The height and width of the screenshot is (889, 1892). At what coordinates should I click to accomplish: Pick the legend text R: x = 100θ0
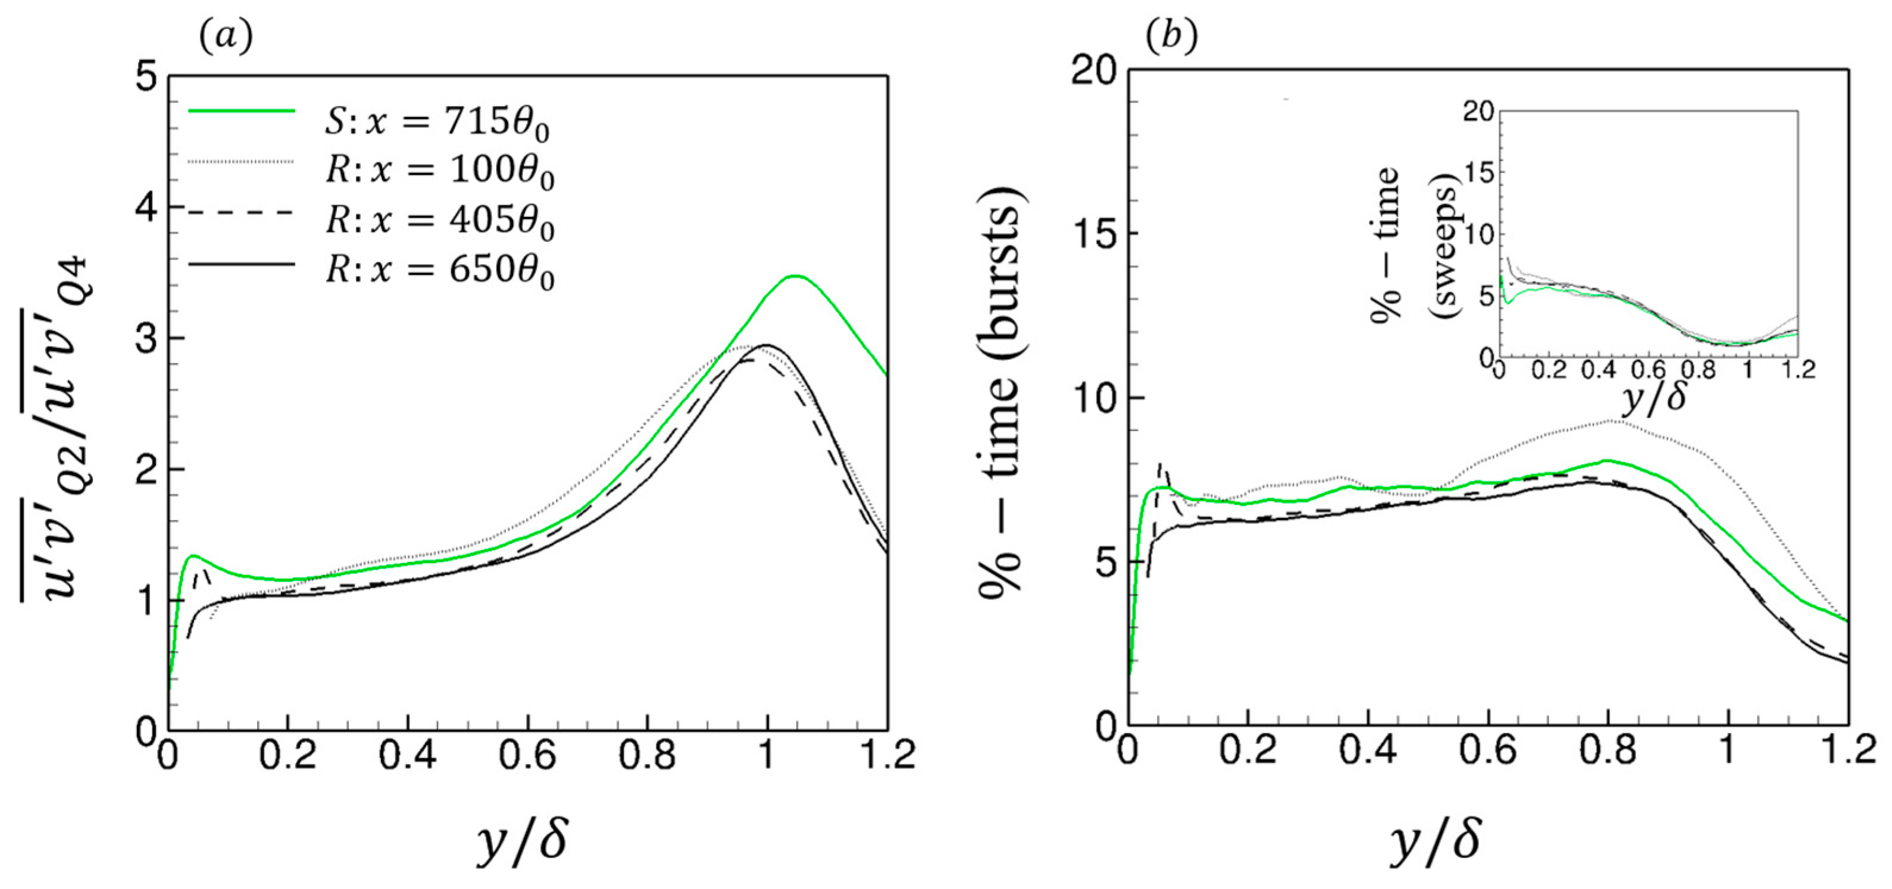[439, 171]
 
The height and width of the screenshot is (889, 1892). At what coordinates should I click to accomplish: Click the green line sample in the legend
[242, 111]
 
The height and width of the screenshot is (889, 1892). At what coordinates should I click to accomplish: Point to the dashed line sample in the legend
[242, 212]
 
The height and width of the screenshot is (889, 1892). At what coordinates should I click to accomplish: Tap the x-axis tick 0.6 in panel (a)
[527, 756]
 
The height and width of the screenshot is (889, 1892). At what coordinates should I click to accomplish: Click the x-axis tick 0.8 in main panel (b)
[1609, 752]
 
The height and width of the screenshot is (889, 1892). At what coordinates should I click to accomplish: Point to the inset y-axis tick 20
[1478, 112]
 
